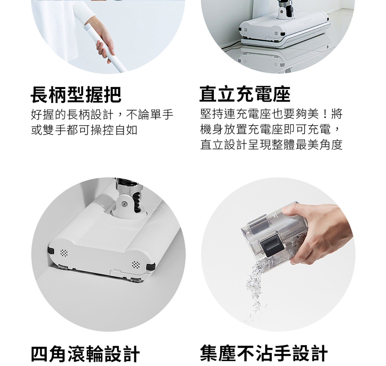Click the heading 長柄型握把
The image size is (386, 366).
click(76, 95)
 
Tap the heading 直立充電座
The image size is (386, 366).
click(245, 94)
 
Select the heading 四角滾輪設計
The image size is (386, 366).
click(85, 354)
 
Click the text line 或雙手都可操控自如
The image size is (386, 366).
click(84, 130)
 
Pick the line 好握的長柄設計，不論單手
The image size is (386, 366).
click(102, 114)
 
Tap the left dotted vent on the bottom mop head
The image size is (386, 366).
click(64, 253)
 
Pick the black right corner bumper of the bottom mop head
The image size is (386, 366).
click(151, 267)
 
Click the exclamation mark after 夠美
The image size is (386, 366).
click(325, 114)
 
